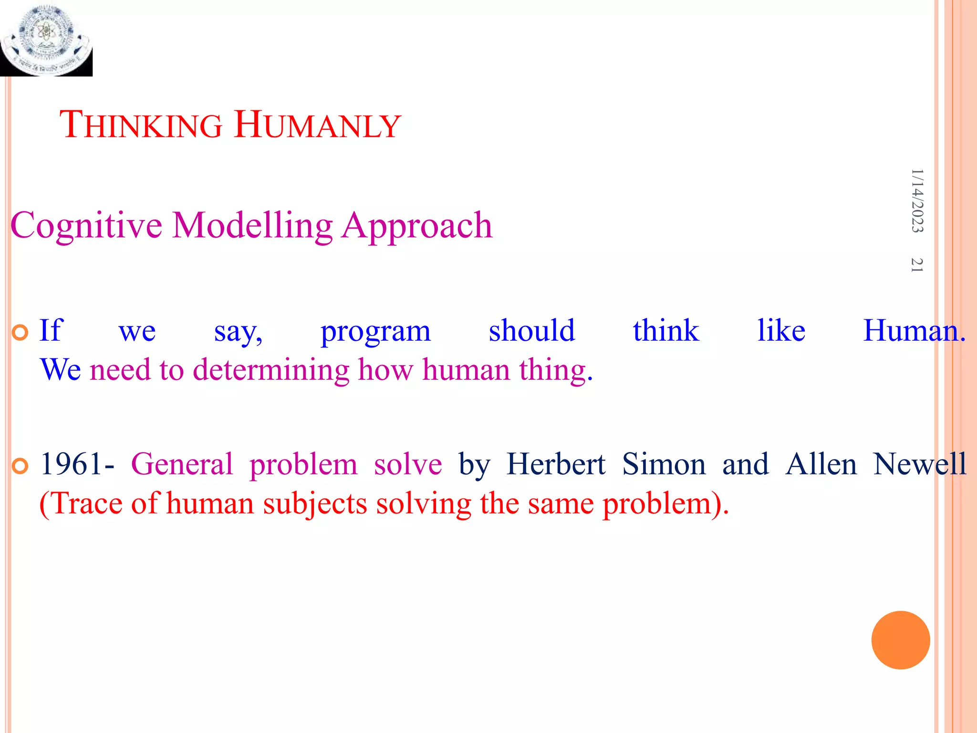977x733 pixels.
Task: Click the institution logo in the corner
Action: click(x=46, y=38)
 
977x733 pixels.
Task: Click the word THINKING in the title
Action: click(x=141, y=125)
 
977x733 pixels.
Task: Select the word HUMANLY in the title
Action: click(x=318, y=125)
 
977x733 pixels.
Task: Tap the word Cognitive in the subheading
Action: click(x=86, y=225)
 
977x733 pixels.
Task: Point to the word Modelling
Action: click(x=252, y=225)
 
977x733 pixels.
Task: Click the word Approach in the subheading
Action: click(x=417, y=225)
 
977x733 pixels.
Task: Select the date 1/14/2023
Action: click(x=917, y=200)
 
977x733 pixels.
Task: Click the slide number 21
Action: click(x=917, y=265)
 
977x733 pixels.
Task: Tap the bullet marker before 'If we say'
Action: click(x=20, y=333)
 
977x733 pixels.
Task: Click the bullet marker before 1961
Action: click(x=20, y=466)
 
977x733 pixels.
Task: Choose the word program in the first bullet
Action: click(x=375, y=331)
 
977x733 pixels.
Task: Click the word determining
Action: click(x=271, y=370)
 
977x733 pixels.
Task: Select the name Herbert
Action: click(x=556, y=464)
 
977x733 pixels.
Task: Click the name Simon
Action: click(x=664, y=464)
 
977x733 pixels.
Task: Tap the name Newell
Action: click(x=919, y=464)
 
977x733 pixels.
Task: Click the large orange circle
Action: click(x=900, y=640)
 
